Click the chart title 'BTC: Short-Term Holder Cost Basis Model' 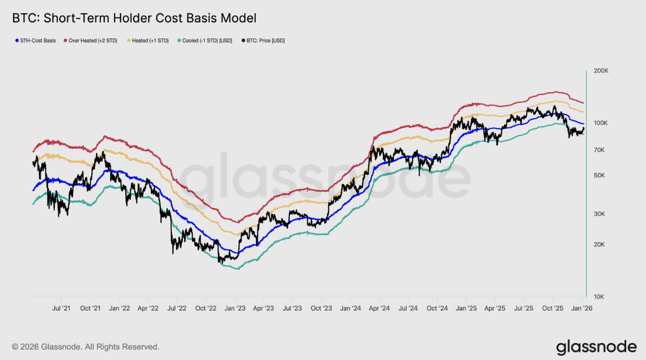(x=134, y=18)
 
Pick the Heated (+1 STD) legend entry (x=150, y=41)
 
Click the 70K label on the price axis (x=598, y=150)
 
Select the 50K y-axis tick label (x=598, y=176)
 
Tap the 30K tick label (x=598, y=214)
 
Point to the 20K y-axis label (x=598, y=245)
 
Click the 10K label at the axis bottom (x=598, y=297)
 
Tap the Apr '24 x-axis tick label (x=379, y=308)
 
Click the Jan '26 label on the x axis (x=582, y=308)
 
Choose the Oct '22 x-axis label (x=206, y=308)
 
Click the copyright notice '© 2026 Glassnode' (x=86, y=347)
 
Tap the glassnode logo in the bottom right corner (x=596, y=347)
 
